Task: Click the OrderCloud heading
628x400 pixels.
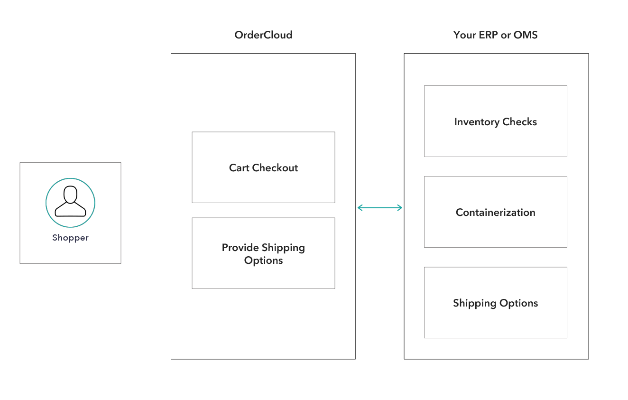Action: point(263,35)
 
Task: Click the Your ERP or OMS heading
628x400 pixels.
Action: point(495,35)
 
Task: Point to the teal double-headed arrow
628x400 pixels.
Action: point(379,207)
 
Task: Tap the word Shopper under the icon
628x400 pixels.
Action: point(70,238)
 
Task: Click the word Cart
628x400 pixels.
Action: point(239,167)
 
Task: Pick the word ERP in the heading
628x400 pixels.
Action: point(485,35)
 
